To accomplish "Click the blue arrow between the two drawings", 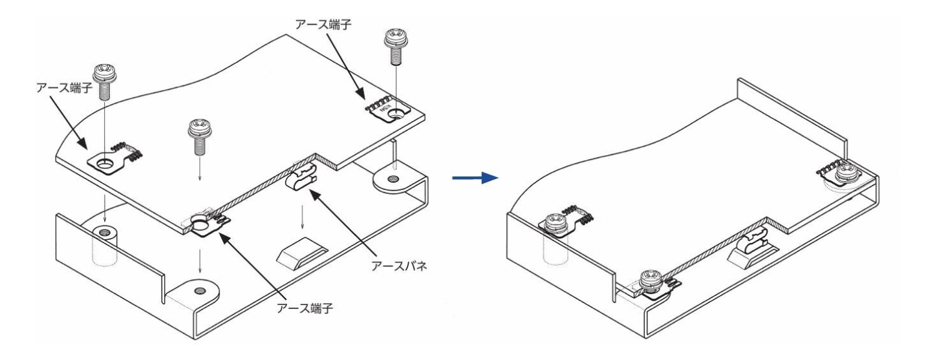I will (474, 176).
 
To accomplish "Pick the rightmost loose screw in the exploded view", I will (394, 45).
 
